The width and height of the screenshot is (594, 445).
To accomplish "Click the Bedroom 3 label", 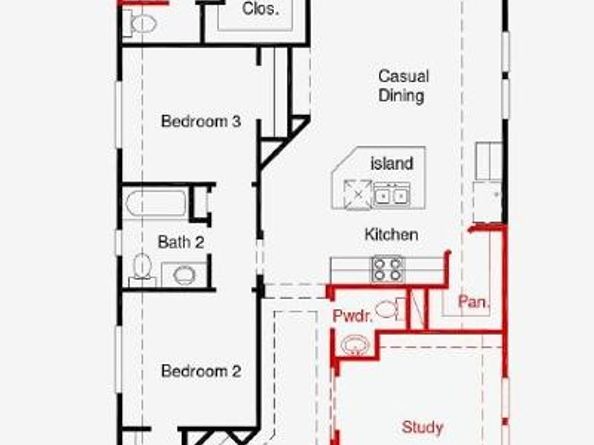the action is [x=201, y=121].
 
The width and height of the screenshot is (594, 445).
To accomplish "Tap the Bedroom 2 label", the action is [x=201, y=371].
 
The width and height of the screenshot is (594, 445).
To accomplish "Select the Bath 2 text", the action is [x=181, y=242].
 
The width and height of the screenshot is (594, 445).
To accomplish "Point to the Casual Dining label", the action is [x=403, y=86].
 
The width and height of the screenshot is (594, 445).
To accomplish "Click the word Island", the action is [x=391, y=164].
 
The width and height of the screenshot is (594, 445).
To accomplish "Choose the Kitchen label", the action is [x=391, y=234].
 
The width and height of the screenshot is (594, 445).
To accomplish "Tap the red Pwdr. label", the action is [x=352, y=316].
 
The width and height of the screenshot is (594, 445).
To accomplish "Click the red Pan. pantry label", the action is [x=474, y=302].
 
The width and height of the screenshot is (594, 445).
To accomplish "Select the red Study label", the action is [x=422, y=427].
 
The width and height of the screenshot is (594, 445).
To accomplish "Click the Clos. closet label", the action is [x=260, y=9].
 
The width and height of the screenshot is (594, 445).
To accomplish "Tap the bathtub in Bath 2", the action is [x=155, y=204].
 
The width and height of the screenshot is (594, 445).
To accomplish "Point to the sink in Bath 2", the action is [x=184, y=275].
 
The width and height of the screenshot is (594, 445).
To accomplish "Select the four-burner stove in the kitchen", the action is [x=388, y=269].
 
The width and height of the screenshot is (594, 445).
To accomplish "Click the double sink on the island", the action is [x=391, y=195].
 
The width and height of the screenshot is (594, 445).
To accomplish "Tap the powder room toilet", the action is [x=390, y=309].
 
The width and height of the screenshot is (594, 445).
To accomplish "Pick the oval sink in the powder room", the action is [x=355, y=345].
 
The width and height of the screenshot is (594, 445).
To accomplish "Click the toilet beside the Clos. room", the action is [x=140, y=23].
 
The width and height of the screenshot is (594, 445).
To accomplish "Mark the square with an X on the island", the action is [x=358, y=194].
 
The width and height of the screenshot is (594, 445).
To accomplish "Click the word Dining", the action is [x=401, y=95].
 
